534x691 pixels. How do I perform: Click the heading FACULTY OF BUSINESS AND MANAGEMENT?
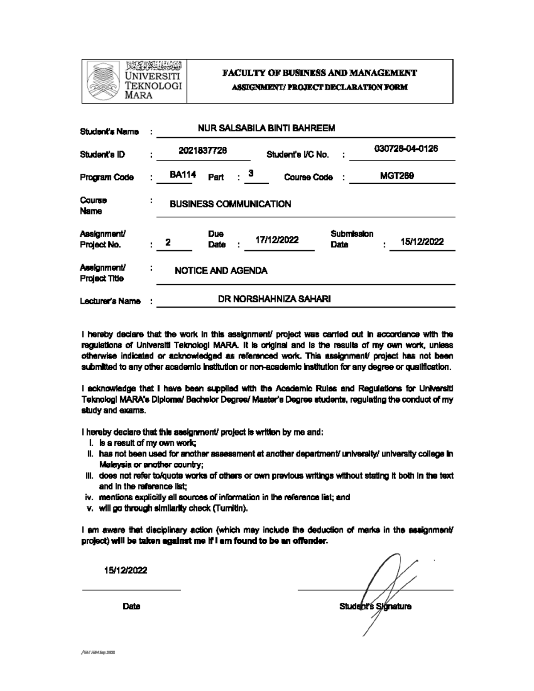[x=320, y=73]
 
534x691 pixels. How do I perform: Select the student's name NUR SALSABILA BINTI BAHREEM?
[x=266, y=129]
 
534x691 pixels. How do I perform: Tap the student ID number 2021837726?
[x=203, y=151]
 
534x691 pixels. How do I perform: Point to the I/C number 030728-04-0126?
[x=406, y=149]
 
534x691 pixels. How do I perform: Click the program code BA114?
[x=183, y=174]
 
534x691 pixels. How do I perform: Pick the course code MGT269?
[x=397, y=176]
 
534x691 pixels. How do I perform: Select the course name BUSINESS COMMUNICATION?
[x=231, y=204]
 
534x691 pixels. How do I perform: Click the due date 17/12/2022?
[x=277, y=240]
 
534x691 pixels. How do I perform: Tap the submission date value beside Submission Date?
[x=422, y=242]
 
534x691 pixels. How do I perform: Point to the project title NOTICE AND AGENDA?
[x=221, y=271]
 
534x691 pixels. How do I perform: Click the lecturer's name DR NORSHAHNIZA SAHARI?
[x=274, y=299]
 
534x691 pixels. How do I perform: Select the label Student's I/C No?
[x=298, y=155]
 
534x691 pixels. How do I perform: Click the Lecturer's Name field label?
[x=110, y=302]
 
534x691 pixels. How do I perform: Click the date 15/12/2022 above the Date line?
[x=125, y=570]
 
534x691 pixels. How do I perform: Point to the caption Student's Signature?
[x=375, y=606]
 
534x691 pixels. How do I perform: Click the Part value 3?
[x=251, y=174]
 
